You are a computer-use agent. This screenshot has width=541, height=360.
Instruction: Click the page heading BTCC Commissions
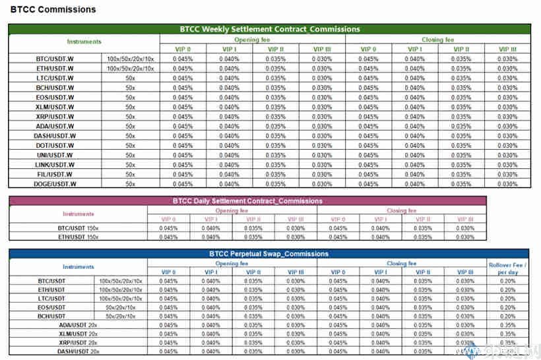pyautogui.click(x=53, y=9)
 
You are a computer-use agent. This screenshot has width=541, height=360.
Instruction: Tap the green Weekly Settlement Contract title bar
pyautogui.click(x=270, y=29)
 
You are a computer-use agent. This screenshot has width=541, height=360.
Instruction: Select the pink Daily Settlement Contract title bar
pyautogui.click(x=247, y=200)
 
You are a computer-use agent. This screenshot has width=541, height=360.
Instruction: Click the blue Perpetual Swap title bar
pyautogui.click(x=269, y=254)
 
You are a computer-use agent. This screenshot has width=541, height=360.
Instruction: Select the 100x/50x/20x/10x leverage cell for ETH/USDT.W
pyautogui.click(x=130, y=69)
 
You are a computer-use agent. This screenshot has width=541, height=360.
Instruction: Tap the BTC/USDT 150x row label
pyautogui.click(x=78, y=227)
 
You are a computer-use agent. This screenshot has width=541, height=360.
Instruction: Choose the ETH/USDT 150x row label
pyautogui.click(x=78, y=237)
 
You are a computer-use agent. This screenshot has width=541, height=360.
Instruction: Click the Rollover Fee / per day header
pyautogui.click(x=507, y=268)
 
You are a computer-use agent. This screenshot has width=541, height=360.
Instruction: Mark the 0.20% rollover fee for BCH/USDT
pyautogui.click(x=507, y=316)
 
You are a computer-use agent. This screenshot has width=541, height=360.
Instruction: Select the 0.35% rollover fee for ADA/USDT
pyautogui.click(x=507, y=325)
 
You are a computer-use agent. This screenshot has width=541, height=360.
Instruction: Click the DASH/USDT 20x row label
pyautogui.click(x=78, y=351)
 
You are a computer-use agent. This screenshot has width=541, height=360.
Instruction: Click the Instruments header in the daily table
pyautogui.click(x=78, y=214)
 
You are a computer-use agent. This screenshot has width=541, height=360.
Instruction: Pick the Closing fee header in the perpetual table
pyautogui.click(x=401, y=264)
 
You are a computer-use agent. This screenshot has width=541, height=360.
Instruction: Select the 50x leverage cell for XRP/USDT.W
pyautogui.click(x=130, y=117)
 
